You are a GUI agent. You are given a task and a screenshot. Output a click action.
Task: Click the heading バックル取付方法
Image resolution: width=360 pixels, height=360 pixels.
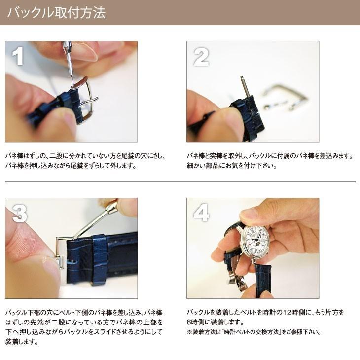coord(56,12)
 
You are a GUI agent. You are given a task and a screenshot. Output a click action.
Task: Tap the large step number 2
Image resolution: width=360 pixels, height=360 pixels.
coord(200,58)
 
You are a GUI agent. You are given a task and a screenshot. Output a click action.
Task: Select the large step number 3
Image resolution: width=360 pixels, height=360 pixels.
coord(19,214)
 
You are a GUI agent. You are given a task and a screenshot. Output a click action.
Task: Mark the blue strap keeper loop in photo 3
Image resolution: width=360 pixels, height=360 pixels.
coord(99,259)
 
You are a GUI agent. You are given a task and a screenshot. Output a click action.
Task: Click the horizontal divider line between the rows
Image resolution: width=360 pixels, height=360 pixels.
coord(180,182)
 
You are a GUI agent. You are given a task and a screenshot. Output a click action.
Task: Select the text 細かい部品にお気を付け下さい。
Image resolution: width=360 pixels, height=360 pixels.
coord(232,166)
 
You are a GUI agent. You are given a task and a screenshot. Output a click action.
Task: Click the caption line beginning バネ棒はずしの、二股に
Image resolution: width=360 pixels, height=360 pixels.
coord(85,156)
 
